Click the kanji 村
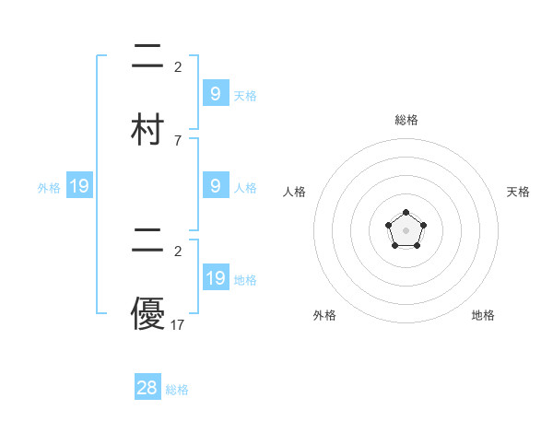click(147, 129)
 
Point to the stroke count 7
click(177, 141)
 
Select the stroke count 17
click(178, 324)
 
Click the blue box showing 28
click(147, 388)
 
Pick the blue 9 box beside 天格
click(216, 93)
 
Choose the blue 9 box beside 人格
click(216, 186)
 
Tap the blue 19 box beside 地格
click(216, 278)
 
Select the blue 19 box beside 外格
click(79, 187)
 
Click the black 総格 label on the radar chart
click(406, 120)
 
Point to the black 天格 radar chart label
click(519, 192)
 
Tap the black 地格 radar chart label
click(483, 315)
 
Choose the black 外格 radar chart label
click(324, 315)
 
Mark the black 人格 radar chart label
click(295, 192)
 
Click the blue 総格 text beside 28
click(177, 390)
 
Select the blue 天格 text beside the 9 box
click(245, 95)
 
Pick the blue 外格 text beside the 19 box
click(49, 188)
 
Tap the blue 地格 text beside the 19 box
click(245, 280)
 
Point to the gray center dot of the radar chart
click(406, 230)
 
